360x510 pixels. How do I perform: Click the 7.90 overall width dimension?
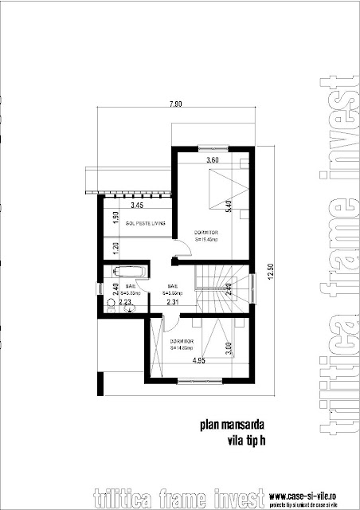(176, 104)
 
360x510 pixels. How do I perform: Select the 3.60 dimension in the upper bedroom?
(212, 160)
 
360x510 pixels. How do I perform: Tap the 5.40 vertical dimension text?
(229, 205)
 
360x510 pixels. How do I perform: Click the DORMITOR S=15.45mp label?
(206, 235)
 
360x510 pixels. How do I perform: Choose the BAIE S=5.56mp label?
(173, 290)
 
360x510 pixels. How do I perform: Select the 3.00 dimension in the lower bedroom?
(229, 348)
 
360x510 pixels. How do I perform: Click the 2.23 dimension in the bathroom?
(124, 303)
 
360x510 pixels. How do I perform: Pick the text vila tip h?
(236, 439)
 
